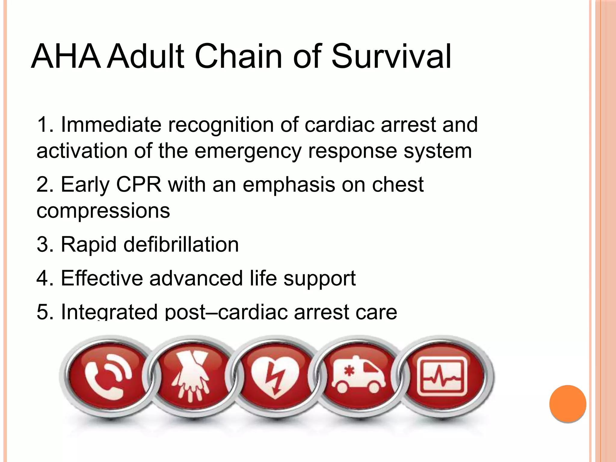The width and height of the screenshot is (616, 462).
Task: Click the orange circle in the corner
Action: [x=568, y=404]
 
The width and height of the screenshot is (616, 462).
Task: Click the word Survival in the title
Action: [x=391, y=57]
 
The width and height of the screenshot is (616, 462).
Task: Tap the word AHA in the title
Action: [x=66, y=57]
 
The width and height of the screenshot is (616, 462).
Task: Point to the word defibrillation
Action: [x=181, y=244]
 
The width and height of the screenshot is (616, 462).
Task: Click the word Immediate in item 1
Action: [x=111, y=125]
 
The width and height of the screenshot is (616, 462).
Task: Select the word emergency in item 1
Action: [x=248, y=151]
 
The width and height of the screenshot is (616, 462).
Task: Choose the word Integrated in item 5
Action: [x=109, y=312]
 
